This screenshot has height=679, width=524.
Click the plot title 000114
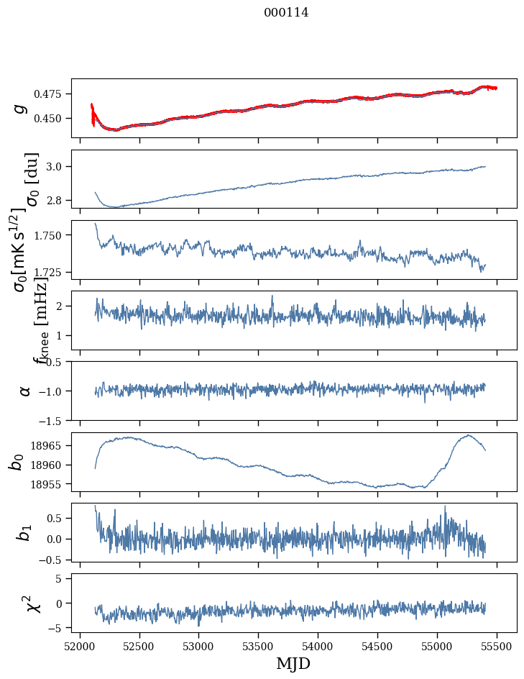coord(286,13)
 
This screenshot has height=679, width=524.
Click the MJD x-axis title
coord(293,664)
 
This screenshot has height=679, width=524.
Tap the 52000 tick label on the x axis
coord(80,644)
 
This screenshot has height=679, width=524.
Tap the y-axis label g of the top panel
coord(21,108)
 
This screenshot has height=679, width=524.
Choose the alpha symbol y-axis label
coord(24,390)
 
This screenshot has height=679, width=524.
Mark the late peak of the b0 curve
coord(468,435)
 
